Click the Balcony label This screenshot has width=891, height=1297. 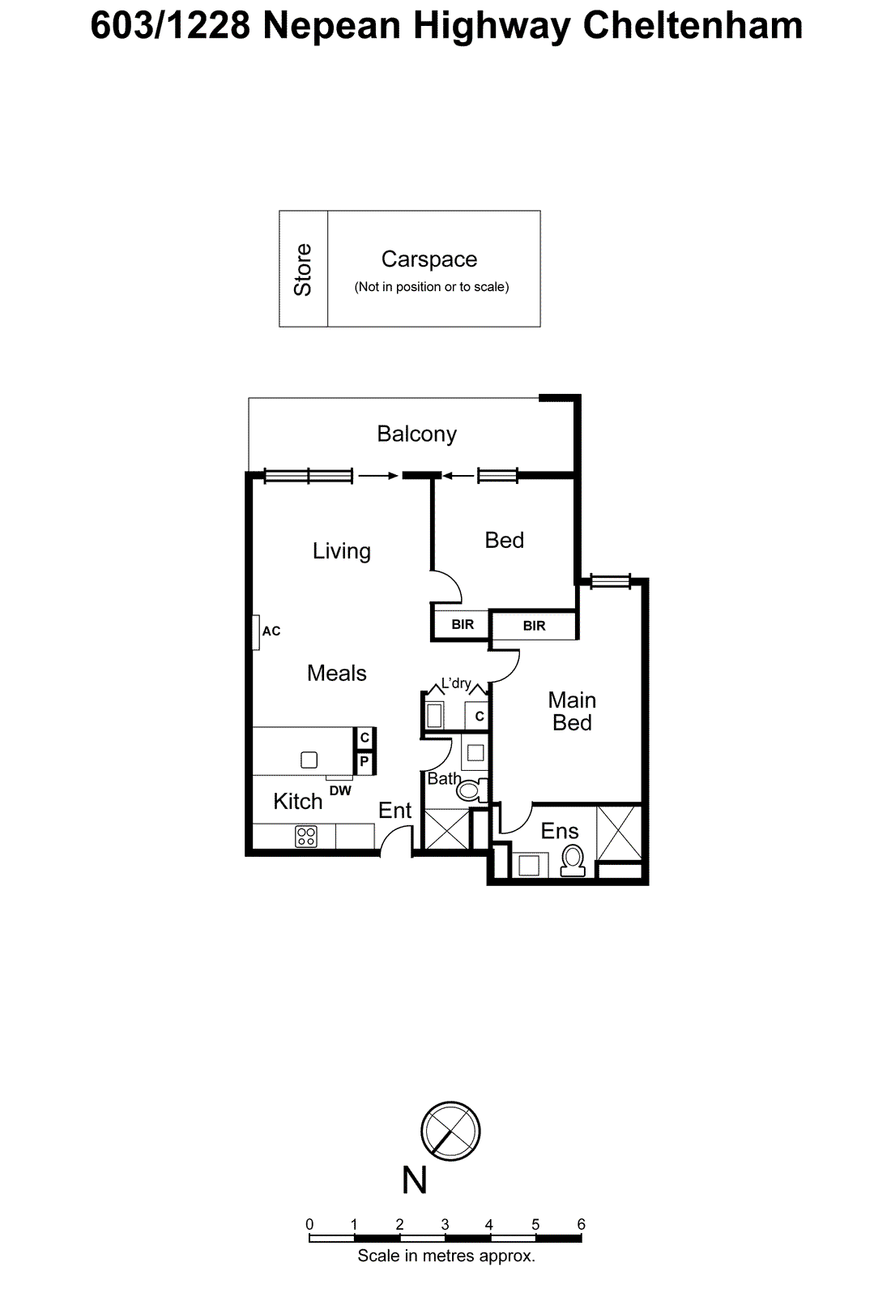coord(416,434)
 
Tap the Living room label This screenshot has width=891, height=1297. coord(341,551)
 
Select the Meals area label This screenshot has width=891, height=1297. coord(337,674)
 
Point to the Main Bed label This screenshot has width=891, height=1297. coord(572,712)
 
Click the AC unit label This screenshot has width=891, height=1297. coord(271,631)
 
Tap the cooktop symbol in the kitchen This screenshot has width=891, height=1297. coord(306,837)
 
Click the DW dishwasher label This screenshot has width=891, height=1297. coord(340,791)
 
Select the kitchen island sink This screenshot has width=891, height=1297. coord(309,760)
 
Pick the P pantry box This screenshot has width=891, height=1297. coord(364,761)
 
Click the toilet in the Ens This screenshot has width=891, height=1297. coord(573,862)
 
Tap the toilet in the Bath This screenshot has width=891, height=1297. coord(471,790)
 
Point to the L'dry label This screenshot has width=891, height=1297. coord(456,684)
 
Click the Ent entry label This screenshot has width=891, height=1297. coord(394,811)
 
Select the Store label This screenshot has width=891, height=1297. coord(303,270)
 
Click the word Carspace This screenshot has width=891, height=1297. coord(429,259)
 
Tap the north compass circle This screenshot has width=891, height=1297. coord(450,1131)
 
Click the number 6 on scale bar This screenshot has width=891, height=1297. coord(581,1224)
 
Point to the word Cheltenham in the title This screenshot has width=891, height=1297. coord(693,26)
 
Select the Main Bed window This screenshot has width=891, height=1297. coord(611,580)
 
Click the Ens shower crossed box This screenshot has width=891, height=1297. coord(619,833)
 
